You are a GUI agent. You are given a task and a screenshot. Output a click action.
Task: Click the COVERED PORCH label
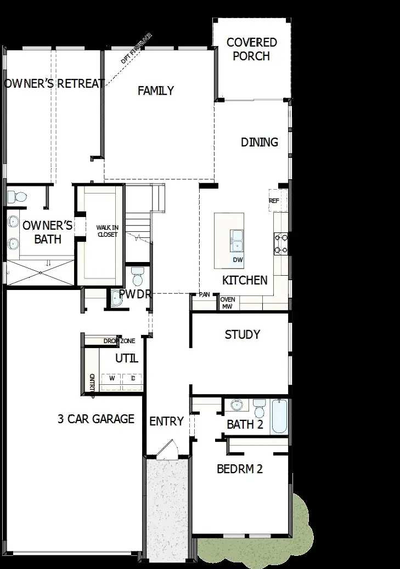pyautogui.click(x=251, y=49)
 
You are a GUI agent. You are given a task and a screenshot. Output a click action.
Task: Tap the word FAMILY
pyautogui.click(x=156, y=90)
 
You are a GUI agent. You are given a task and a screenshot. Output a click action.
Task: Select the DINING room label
pyautogui.click(x=260, y=142)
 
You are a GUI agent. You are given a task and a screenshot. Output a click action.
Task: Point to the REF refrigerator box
pyautogui.click(x=274, y=201)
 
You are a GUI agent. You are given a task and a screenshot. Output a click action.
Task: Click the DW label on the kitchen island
pyautogui.click(x=238, y=259)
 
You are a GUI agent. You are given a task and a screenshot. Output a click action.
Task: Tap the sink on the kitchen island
pyautogui.click(x=238, y=239)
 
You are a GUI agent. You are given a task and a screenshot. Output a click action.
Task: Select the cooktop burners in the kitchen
pyautogui.click(x=281, y=244)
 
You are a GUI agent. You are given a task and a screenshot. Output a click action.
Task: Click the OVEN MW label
pyautogui.click(x=227, y=303)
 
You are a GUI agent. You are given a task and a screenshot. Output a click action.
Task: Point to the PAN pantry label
pyautogui.click(x=204, y=294)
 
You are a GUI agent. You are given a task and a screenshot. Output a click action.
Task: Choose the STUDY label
pyautogui.click(x=242, y=334)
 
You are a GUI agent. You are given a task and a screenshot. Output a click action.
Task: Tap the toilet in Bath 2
pyautogui.click(x=260, y=408)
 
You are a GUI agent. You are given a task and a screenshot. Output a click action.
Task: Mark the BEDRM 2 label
pyautogui.click(x=240, y=469)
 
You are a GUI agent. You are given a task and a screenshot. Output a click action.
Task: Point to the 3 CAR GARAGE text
pyautogui.click(x=96, y=419)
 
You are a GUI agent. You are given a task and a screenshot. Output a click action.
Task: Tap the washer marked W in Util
pyautogui.click(x=112, y=378)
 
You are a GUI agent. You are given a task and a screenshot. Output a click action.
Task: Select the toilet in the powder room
pyautogui.click(x=137, y=273)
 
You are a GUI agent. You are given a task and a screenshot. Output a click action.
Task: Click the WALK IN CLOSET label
pyautogui.click(x=107, y=231)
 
